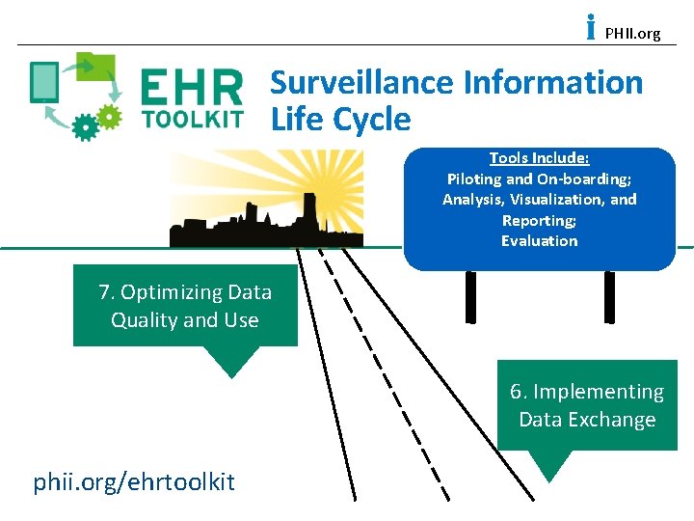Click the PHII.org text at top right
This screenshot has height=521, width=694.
pos(632,34)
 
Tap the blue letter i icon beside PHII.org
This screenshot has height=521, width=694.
pos(591,28)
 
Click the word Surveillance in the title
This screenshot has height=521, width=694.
pos(362,83)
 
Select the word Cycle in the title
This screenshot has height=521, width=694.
pos(371,120)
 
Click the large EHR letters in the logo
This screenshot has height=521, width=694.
pos(192,89)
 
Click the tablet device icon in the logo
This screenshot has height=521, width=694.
pos(44,81)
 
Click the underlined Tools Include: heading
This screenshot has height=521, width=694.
pos(539,158)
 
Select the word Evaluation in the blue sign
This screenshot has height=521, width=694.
pos(539,241)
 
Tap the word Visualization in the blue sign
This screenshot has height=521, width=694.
pos(555,200)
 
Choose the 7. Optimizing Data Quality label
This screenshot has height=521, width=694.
pos(185,306)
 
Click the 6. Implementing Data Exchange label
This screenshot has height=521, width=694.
pos(587,405)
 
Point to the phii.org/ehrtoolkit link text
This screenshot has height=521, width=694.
pos(134,481)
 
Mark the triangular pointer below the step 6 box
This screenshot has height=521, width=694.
pos(550,465)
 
